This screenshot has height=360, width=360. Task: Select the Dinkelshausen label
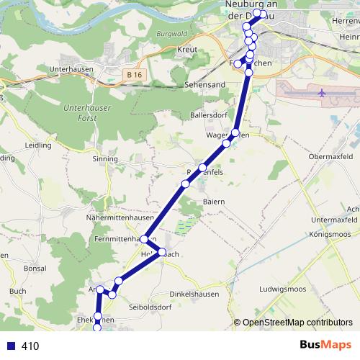[193, 294]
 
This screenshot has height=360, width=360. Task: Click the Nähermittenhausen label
[120, 217]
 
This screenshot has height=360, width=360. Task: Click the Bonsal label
[35, 268]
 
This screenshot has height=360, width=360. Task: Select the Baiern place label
[214, 202]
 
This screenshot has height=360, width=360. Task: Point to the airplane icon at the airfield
[321, 93]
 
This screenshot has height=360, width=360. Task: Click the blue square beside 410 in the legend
[10, 346]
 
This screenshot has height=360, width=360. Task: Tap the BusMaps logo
[325, 345]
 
